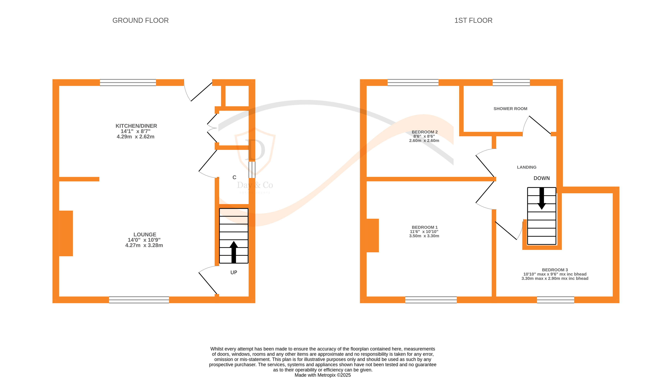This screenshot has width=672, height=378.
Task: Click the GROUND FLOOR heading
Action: (x=140, y=20)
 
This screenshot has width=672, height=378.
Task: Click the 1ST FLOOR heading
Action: (x=473, y=20)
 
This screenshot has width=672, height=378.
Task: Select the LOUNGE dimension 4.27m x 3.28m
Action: (x=144, y=245)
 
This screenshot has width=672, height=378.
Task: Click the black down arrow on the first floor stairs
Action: (x=542, y=199)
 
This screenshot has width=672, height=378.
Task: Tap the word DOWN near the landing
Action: (x=542, y=178)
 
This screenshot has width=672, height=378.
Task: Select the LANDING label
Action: (x=526, y=167)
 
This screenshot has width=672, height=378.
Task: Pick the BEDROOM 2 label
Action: (x=424, y=132)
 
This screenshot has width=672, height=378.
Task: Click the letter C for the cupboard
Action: (x=234, y=177)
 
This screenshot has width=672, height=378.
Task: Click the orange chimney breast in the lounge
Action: (x=66, y=233)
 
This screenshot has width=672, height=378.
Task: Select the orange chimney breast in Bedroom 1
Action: (x=373, y=235)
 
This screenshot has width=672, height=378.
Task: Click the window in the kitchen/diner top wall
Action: (x=128, y=82)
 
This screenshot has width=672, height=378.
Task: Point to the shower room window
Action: (x=511, y=82)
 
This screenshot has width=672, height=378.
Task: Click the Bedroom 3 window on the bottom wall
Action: (x=555, y=300)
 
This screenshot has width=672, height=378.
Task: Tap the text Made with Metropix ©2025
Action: (x=322, y=375)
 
